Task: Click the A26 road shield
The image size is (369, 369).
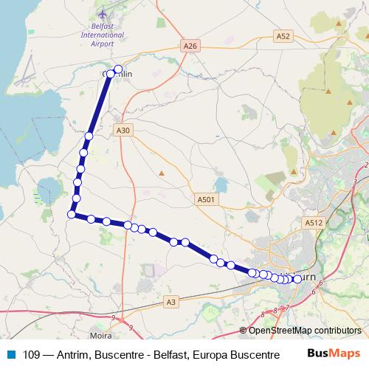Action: (x=190, y=46)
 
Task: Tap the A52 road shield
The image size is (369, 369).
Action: (x=283, y=35)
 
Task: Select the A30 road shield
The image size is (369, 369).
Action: (x=123, y=130)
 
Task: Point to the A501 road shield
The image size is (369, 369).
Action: (x=206, y=199)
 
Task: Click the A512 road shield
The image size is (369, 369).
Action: (x=314, y=221)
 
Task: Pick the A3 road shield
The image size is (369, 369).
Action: (x=171, y=301)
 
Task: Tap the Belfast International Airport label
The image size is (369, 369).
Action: (x=103, y=35)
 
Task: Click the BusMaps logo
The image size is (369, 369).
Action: (x=337, y=354)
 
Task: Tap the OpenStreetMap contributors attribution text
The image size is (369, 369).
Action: (x=304, y=331)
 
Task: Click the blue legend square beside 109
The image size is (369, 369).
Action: (x=11, y=354)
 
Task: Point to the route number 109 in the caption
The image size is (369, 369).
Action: (x=32, y=354)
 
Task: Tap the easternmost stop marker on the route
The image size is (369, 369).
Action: (x=297, y=279)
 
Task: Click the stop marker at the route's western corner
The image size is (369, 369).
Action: (x=72, y=214)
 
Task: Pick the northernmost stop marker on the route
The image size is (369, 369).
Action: (x=118, y=69)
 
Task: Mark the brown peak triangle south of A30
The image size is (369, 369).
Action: (x=162, y=173)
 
